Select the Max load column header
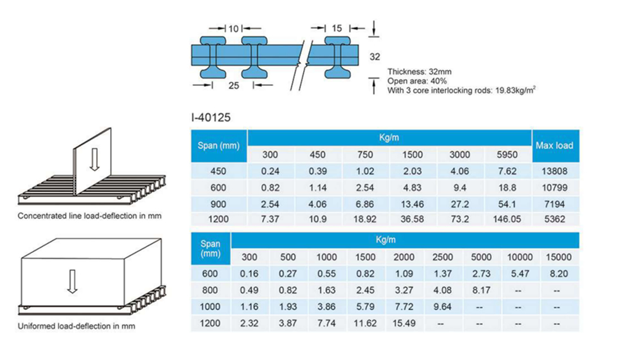pos(554,146)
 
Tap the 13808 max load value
pos(554,171)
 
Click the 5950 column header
pos(509,155)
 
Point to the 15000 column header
pos(558,258)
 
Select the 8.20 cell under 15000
pos(558,273)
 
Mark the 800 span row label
pos(211,290)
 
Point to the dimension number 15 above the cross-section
pos(336,28)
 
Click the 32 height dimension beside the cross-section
pos(375,56)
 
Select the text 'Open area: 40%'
pos(417,81)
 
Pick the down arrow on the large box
pos(73,280)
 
